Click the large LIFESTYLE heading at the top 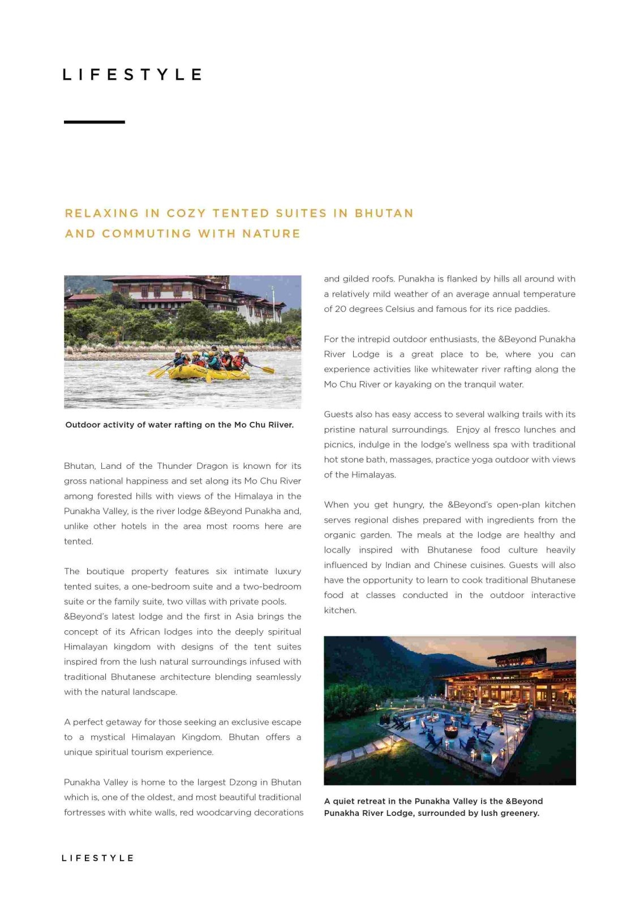point(132,75)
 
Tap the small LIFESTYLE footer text point(97,858)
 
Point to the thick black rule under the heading point(94,122)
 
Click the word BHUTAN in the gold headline point(384,213)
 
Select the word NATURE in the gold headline point(271,234)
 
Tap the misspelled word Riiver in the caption point(280,425)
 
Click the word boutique point(106,571)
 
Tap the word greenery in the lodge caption point(519,813)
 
